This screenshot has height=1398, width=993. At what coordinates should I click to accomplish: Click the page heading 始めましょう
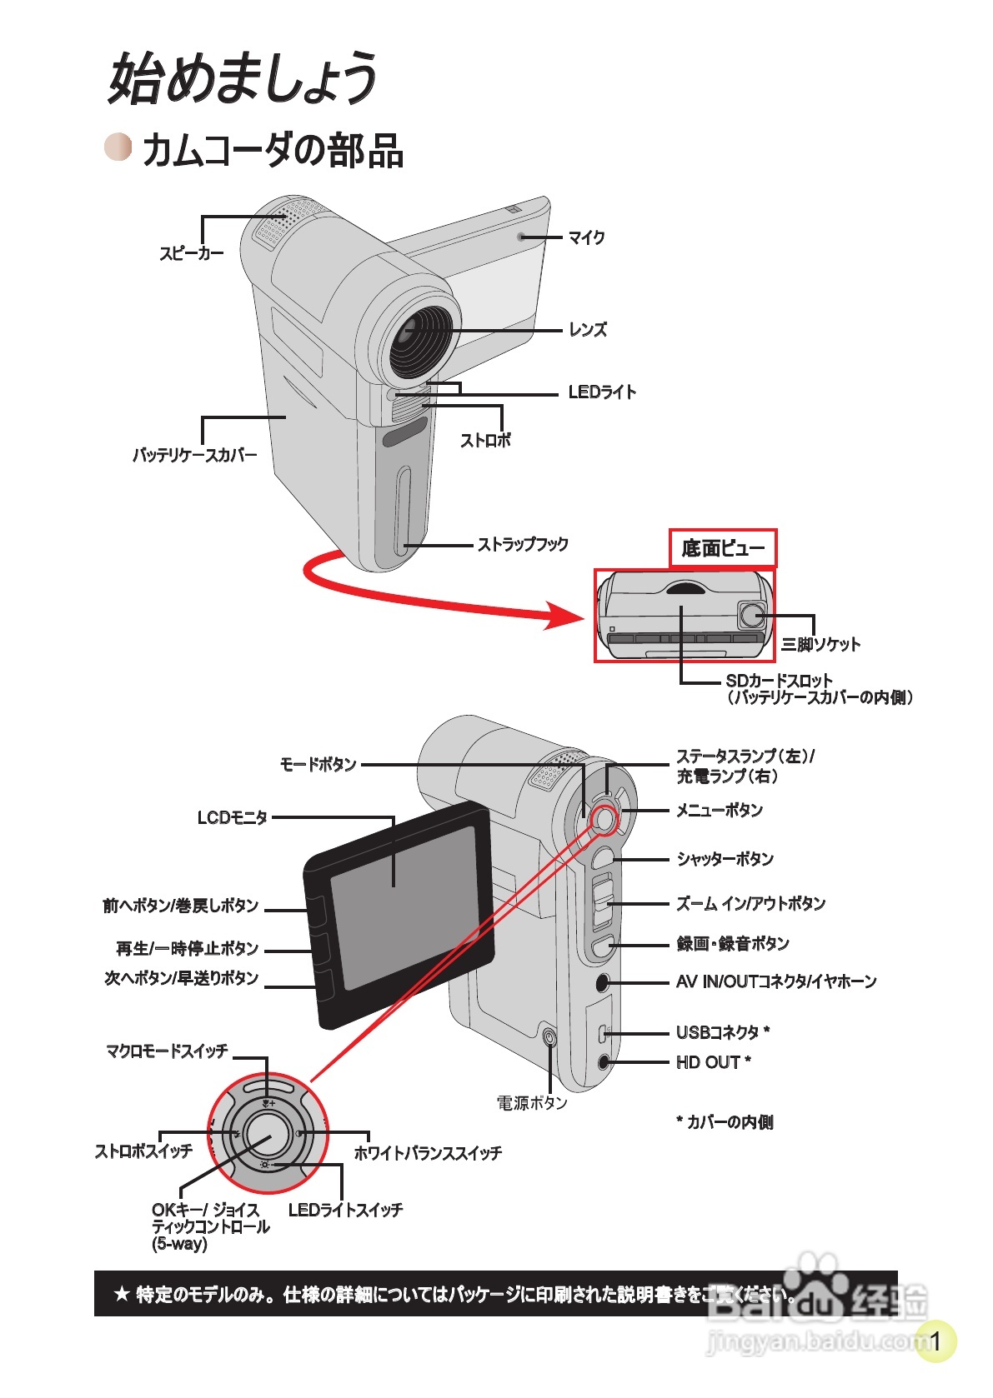click(242, 79)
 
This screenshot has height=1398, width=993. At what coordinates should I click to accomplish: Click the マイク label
click(586, 237)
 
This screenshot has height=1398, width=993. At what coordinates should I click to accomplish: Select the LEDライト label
click(602, 392)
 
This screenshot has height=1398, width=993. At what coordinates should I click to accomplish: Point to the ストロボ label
click(485, 440)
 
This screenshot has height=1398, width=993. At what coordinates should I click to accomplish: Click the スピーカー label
click(192, 253)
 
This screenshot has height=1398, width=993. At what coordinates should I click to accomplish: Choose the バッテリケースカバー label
click(194, 455)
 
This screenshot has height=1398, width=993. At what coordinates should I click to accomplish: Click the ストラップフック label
click(523, 544)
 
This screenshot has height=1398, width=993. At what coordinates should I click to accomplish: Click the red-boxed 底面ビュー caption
click(723, 548)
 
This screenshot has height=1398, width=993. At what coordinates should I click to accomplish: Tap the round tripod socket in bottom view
click(752, 615)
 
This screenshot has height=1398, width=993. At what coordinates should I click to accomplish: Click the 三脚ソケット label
click(820, 644)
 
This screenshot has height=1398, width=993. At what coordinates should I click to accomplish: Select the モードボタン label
click(318, 764)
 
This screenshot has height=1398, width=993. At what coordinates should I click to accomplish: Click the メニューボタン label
click(720, 810)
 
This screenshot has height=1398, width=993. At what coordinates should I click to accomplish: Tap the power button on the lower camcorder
click(549, 1037)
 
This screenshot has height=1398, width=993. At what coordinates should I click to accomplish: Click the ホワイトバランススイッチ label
click(428, 1153)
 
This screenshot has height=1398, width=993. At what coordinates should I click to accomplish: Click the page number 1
click(935, 1341)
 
